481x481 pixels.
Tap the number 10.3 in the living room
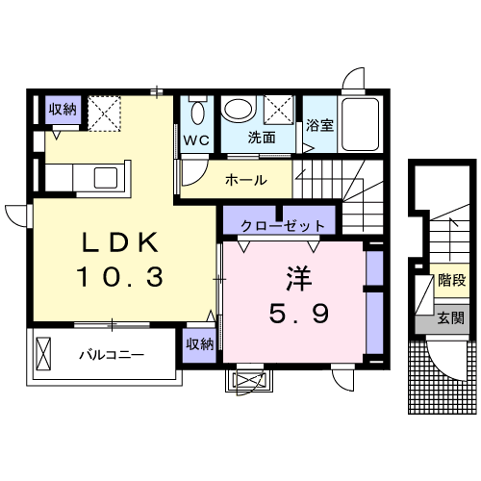click(119, 278)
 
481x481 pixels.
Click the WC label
click(196, 139)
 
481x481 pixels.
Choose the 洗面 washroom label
click(261, 139)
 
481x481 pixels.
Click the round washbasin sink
click(237, 110)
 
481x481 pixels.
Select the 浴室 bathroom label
click(318, 124)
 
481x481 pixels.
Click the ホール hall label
click(246, 179)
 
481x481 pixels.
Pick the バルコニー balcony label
click(112, 355)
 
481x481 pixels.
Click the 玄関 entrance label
click(449, 318)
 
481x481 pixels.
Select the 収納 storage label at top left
click(63, 109)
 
